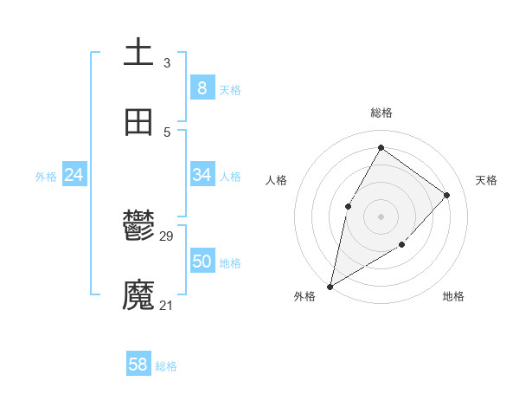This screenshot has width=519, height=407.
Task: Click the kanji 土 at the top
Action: click(138, 52)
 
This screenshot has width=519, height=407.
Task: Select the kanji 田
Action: click(138, 122)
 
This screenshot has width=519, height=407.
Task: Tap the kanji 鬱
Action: click(138, 226)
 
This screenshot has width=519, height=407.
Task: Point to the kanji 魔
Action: click(138, 295)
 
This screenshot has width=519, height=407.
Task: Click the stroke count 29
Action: click(167, 236)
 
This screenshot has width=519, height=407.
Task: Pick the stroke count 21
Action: click(167, 306)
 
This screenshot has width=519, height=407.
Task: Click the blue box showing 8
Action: click(202, 88)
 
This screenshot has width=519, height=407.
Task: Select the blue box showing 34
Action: click(202, 175)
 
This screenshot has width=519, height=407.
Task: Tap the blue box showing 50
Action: click(202, 262)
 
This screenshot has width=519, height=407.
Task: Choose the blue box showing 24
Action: click(74, 175)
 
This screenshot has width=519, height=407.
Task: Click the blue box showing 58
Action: click(138, 365)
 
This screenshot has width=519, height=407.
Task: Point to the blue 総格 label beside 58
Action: click(166, 366)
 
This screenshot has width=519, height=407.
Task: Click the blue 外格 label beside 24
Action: click(46, 177)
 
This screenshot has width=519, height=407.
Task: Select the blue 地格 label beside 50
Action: click(230, 263)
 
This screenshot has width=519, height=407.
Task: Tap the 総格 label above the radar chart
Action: click(381, 113)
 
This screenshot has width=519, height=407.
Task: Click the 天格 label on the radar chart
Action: click(486, 180)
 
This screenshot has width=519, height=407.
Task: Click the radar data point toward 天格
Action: click(447, 195)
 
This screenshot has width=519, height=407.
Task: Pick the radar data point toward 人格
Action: click(348, 205)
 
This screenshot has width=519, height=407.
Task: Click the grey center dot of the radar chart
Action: click(381, 216)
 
